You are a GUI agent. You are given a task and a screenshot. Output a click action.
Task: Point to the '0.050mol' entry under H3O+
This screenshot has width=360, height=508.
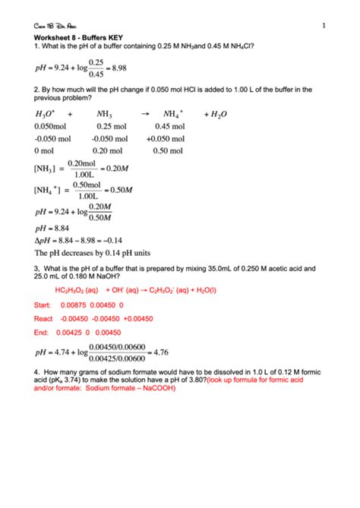click(51, 127)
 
